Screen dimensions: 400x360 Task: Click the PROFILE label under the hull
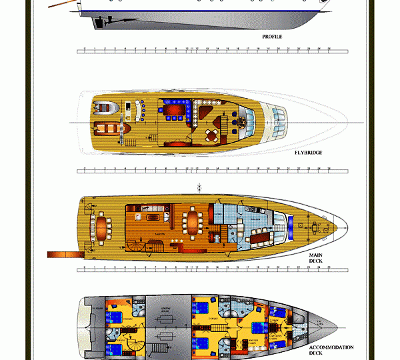(271, 37)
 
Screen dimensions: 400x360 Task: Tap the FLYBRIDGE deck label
(308, 153)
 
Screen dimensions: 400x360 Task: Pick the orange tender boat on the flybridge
(107, 130)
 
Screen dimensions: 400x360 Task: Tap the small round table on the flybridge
(212, 136)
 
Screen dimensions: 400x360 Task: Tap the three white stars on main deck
(177, 241)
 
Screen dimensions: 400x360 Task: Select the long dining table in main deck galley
(260, 235)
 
